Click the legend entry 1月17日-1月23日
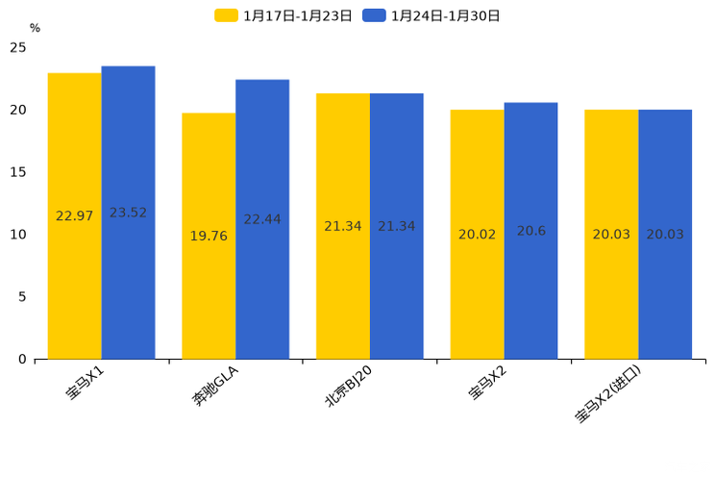[x=284, y=15]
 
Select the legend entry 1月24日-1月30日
[x=431, y=15]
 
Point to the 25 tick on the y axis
[x=18, y=48]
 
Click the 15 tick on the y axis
[x=18, y=172]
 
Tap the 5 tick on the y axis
[x=22, y=297]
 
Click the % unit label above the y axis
[x=35, y=28]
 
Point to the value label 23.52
[x=128, y=213]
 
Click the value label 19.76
[x=209, y=236]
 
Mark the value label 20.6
[x=530, y=231]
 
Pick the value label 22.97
[x=74, y=216]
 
